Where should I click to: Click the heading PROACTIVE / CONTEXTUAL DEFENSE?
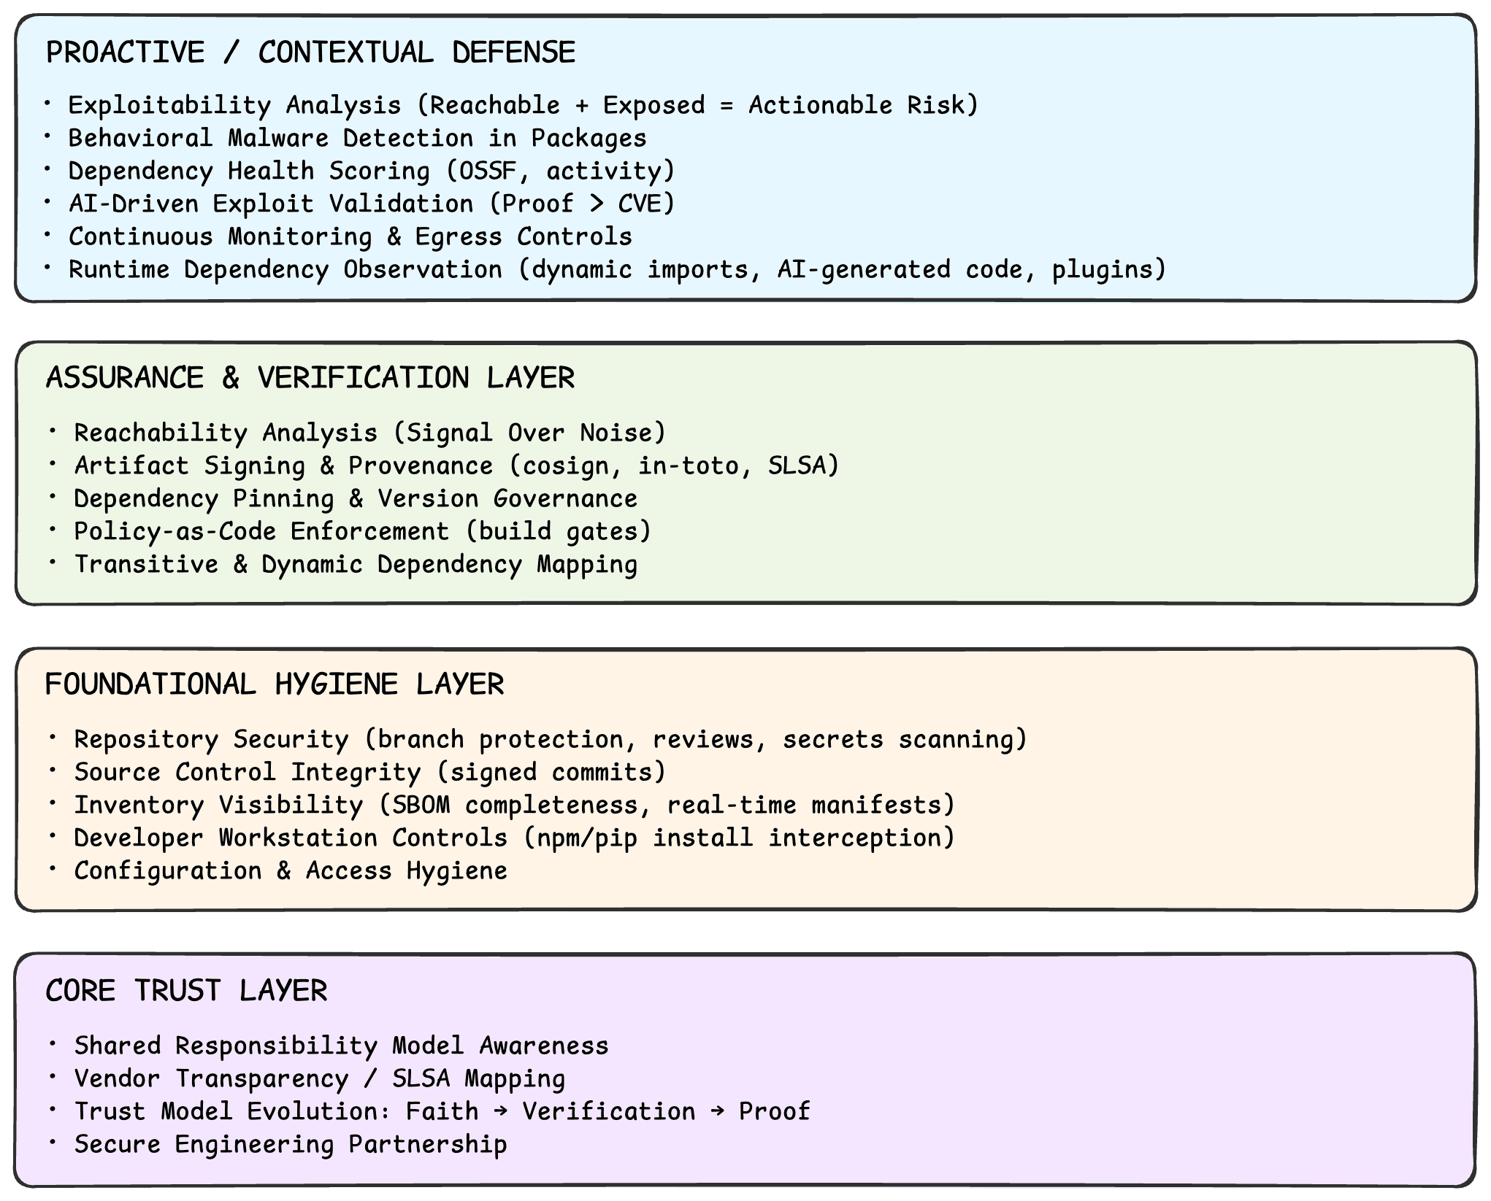[x=310, y=53]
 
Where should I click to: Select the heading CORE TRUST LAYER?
[x=186, y=991]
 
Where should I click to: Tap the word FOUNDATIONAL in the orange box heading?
[x=150, y=684]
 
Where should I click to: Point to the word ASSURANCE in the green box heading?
[x=125, y=378]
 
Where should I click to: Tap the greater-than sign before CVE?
[x=596, y=204]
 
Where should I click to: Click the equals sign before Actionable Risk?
[x=726, y=105]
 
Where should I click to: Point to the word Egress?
[x=459, y=236]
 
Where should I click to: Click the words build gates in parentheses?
[x=559, y=531]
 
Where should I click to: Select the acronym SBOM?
[x=421, y=805]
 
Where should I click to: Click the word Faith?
[x=442, y=1111]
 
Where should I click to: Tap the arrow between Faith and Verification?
[x=500, y=1111]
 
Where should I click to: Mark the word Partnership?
[x=428, y=1144]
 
